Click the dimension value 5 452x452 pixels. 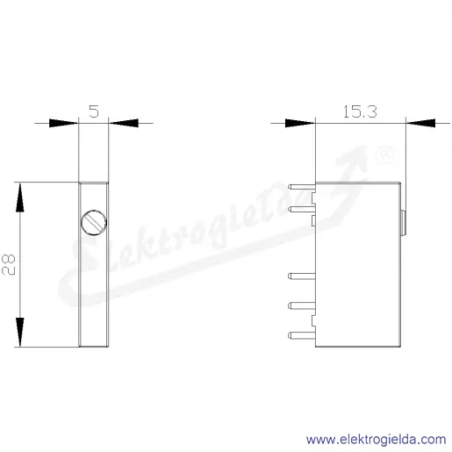click(94, 111)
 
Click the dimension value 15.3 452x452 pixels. click(360, 111)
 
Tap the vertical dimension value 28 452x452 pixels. click(9, 264)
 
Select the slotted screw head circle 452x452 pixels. click(94, 222)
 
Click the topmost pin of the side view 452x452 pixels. click(302, 186)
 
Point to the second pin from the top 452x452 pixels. click(302, 209)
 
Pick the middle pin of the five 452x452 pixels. click(302, 276)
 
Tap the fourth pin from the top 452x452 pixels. click(302, 305)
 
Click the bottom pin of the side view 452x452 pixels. click(302, 335)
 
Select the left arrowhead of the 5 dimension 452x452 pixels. click(63, 123)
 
